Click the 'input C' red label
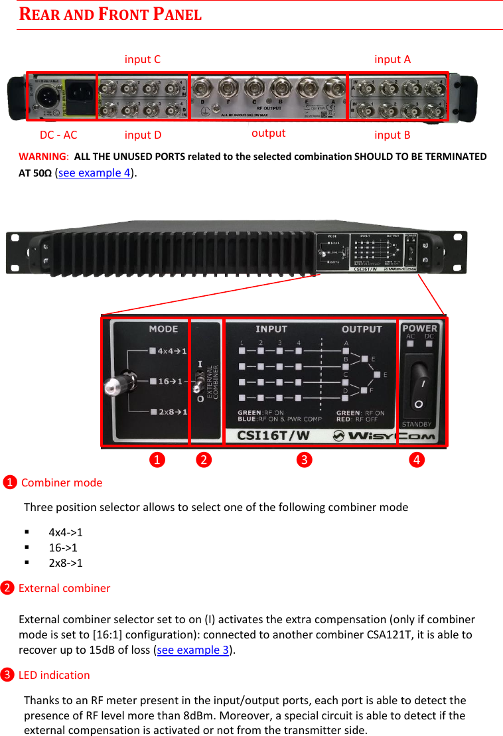[142, 60]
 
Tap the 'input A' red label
[392, 60]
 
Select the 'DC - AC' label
[58, 135]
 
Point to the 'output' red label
[269, 133]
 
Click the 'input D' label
[143, 135]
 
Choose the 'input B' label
[392, 135]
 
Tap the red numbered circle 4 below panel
[417, 459]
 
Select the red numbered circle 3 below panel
[304, 459]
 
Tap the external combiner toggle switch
[198, 381]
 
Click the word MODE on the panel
[163, 329]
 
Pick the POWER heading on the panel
[420, 328]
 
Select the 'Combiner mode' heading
[62, 482]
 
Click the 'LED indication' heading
[54, 675]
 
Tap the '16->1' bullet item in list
[63, 548]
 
